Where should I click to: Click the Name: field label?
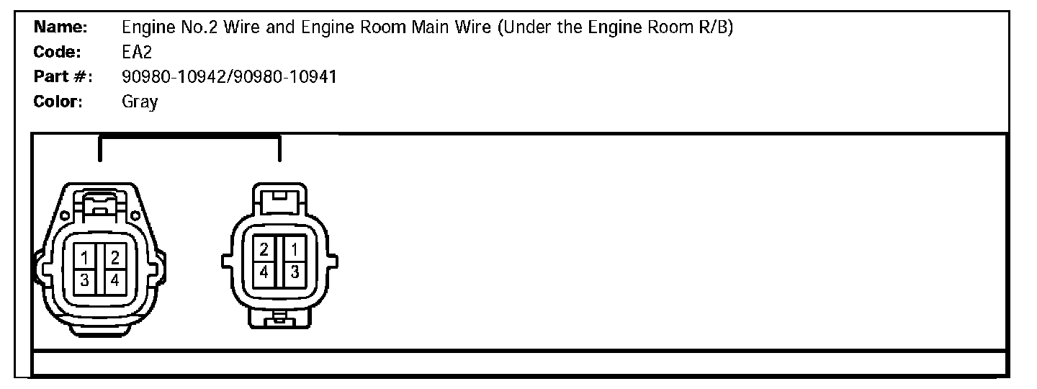coord(60,28)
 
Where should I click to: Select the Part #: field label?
coord(60,77)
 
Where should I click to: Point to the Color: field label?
coord(59,102)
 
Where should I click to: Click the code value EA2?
coord(137,53)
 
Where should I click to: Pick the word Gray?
coord(140,102)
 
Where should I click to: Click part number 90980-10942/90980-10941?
coord(229,77)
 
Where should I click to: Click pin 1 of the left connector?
coord(85,256)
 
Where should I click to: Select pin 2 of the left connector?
coord(115,256)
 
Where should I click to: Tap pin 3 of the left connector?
coord(85,280)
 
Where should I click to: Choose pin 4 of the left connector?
coord(115,280)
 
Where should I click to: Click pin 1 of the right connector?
coord(294,250)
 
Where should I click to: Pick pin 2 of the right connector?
coord(264,250)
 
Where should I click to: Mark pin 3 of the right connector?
coord(294,272)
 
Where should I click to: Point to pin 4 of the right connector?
coord(264,272)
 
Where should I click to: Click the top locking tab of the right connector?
coord(279,200)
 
